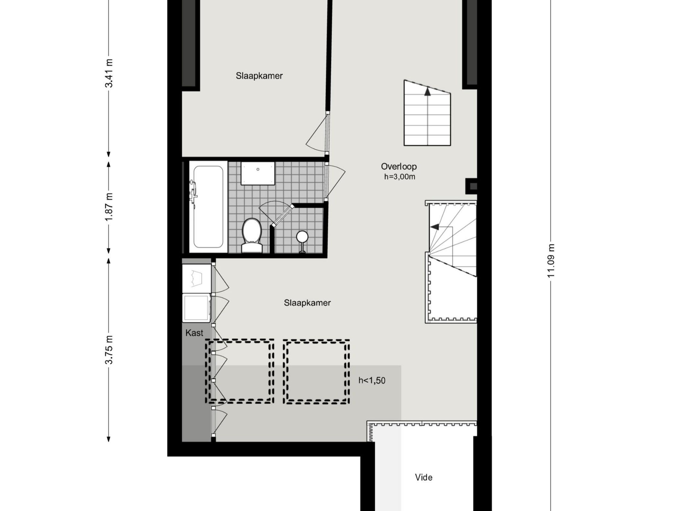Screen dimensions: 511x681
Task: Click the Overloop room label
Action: point(399,167)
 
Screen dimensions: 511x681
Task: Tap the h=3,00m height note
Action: point(399,177)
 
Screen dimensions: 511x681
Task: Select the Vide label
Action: point(423,478)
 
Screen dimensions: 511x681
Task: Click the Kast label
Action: point(194,333)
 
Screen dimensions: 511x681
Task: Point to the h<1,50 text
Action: point(372,381)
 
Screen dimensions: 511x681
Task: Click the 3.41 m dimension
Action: point(109,73)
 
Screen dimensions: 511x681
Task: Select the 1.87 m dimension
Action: point(109,207)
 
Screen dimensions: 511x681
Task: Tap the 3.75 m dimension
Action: point(109,350)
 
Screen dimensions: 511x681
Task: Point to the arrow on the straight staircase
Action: point(427,92)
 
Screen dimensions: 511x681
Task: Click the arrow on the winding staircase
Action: point(435,227)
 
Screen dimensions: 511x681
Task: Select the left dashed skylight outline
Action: point(239,372)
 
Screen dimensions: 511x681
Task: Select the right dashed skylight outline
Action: point(316,372)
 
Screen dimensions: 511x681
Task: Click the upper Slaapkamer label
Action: point(259,76)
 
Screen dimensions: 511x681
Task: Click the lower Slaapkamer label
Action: point(307,303)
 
